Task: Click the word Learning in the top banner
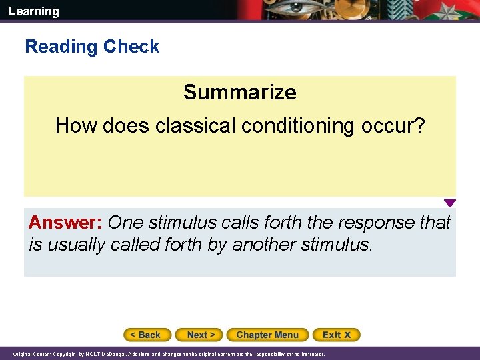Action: (x=34, y=11)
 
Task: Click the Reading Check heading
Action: (x=92, y=47)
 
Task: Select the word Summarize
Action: (x=239, y=92)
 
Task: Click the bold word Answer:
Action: (x=65, y=223)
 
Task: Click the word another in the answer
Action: (x=263, y=245)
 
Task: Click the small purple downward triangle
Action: (x=450, y=203)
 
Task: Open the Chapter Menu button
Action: (x=267, y=335)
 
